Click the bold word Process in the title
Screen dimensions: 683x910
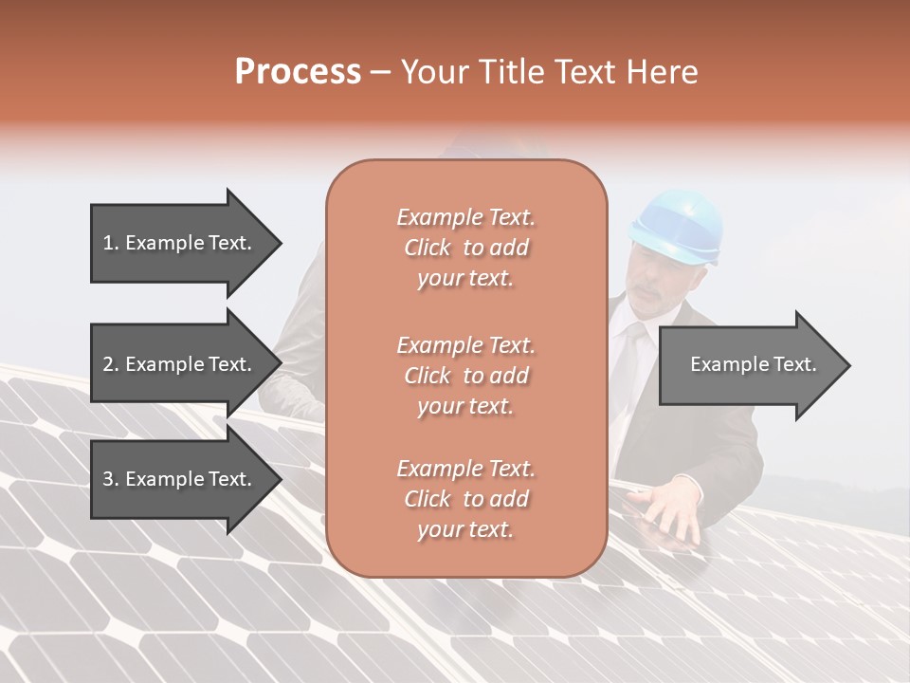[298, 72]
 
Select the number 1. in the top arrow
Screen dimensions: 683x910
[111, 243]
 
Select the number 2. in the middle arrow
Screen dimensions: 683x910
[111, 364]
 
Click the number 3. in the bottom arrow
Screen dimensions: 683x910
[111, 479]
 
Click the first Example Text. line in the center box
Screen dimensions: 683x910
[465, 217]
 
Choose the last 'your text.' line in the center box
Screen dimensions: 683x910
[465, 530]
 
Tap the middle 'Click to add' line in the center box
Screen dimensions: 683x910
[465, 376]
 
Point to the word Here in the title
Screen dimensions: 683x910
[663, 72]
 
